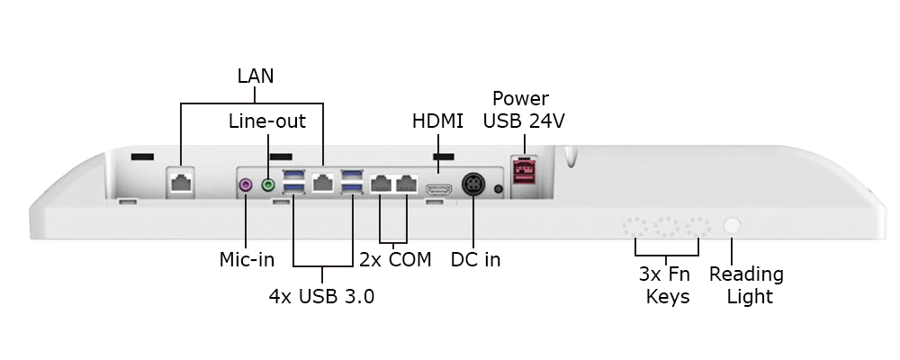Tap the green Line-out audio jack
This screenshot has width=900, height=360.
(x=267, y=184)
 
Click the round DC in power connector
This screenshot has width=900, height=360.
(x=473, y=184)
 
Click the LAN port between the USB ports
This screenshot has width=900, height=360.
(x=323, y=183)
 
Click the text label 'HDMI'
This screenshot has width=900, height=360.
(x=438, y=121)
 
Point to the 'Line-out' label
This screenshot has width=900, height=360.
(x=266, y=121)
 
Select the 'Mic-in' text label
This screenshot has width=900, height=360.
(x=247, y=260)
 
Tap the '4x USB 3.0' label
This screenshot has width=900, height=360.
(x=321, y=295)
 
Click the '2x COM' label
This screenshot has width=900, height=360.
(x=395, y=260)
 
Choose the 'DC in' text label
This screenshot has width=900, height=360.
(x=475, y=260)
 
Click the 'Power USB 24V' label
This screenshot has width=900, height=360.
(x=524, y=109)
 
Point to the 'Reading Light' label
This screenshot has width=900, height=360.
(x=746, y=284)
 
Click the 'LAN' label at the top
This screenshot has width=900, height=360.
(x=256, y=76)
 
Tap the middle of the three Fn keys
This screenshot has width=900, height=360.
(x=668, y=227)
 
